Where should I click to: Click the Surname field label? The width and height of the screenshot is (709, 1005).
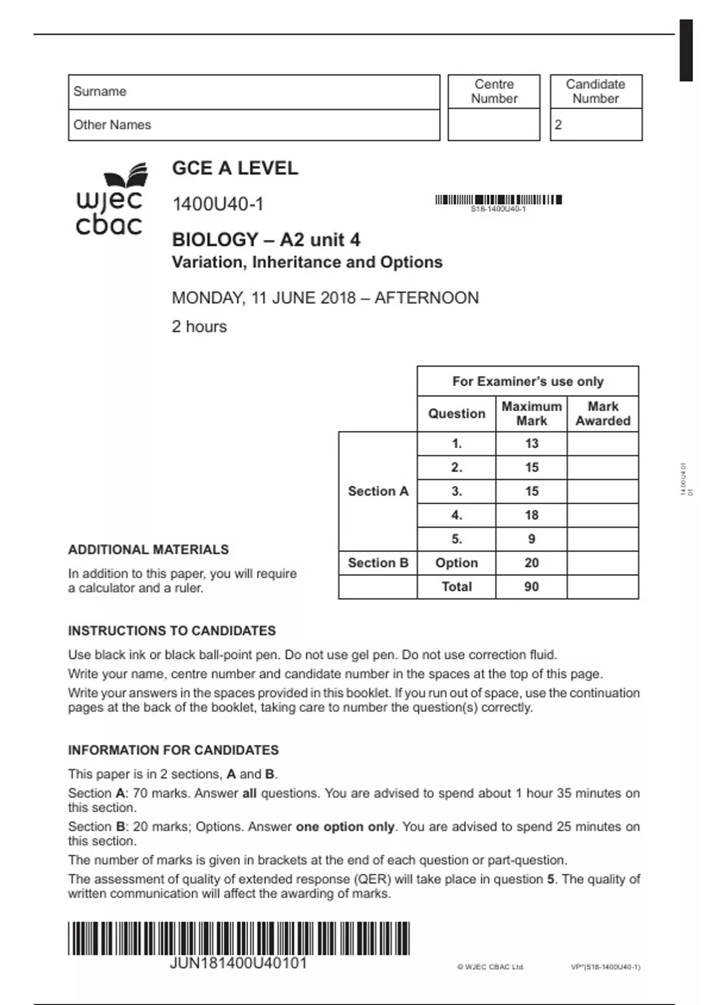(x=100, y=92)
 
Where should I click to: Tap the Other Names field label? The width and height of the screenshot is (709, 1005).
(x=112, y=125)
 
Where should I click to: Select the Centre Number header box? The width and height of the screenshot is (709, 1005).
(x=494, y=92)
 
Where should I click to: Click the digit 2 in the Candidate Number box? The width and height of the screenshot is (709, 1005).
(x=558, y=125)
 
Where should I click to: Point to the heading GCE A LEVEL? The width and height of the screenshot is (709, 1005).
(x=235, y=168)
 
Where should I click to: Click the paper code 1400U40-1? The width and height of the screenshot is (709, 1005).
(x=217, y=204)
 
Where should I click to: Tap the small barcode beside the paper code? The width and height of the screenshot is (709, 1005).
(x=498, y=200)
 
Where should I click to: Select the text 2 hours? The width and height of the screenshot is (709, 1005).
(x=199, y=326)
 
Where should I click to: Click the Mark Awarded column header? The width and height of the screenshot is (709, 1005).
(x=603, y=414)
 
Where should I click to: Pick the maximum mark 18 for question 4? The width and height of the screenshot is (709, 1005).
(x=531, y=516)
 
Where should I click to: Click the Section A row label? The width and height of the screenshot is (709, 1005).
(x=378, y=491)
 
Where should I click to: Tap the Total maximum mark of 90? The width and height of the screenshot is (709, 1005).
(x=531, y=587)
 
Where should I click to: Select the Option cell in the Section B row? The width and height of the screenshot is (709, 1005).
(x=456, y=563)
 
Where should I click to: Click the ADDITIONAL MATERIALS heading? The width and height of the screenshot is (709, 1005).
(x=148, y=550)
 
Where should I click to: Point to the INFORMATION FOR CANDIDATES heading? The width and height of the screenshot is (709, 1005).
(x=173, y=750)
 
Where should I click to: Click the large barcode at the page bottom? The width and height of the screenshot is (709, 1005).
(x=239, y=938)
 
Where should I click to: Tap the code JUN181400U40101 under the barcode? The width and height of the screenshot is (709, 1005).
(x=239, y=964)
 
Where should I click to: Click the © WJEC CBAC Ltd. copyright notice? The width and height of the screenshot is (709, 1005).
(x=490, y=967)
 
